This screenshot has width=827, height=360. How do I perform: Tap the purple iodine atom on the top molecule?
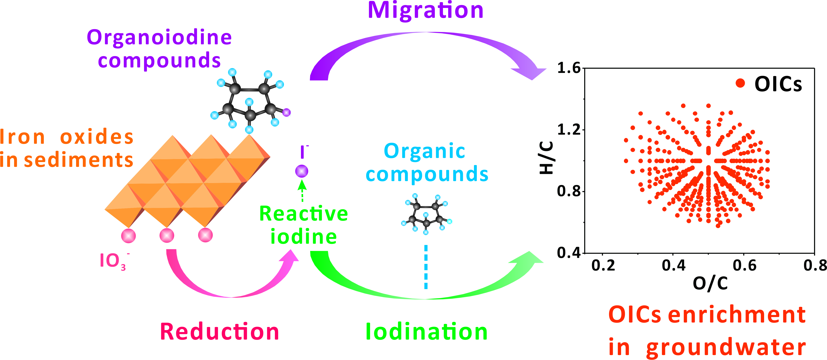tap(286, 112)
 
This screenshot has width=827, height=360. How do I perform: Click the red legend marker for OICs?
tap(740, 83)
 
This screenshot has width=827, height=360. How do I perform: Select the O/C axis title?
tap(710, 283)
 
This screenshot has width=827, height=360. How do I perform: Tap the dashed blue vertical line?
tap(426, 267)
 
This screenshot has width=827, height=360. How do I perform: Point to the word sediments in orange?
tap(79, 160)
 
